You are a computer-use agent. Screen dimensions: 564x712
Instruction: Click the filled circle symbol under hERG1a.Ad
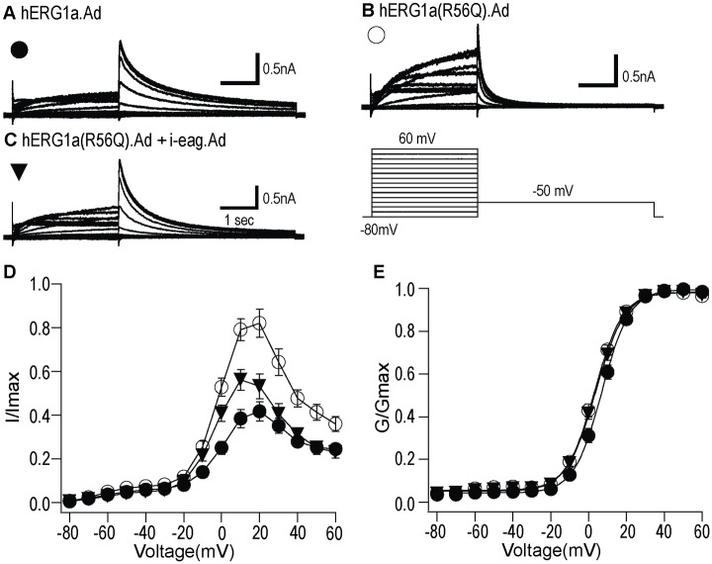[20, 49]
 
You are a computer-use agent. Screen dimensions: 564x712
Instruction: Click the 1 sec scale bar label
[237, 221]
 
